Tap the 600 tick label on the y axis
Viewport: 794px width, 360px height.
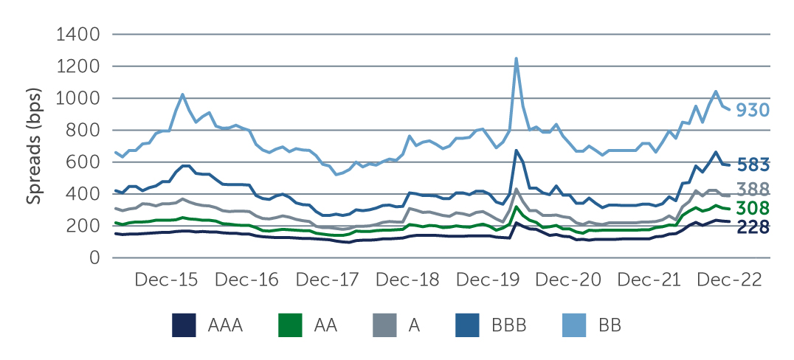[x=84, y=162]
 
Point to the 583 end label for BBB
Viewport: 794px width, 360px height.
[x=753, y=164]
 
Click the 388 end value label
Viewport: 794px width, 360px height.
[x=753, y=190]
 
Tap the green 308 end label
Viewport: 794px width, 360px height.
[x=753, y=208]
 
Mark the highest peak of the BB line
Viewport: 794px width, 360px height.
[x=516, y=58]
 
